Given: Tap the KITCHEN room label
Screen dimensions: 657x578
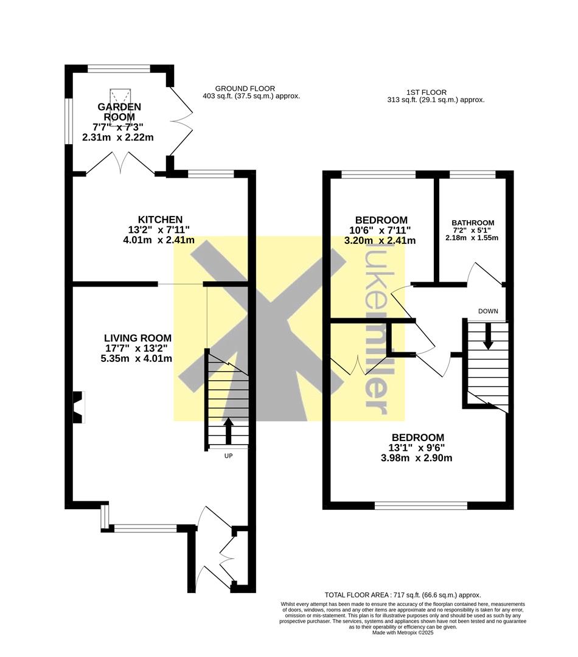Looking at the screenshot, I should (160, 219).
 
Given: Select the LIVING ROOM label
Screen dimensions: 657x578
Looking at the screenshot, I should (138, 338).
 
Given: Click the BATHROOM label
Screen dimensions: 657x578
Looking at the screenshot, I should (473, 223).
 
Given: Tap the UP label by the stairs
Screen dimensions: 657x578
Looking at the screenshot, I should (228, 456).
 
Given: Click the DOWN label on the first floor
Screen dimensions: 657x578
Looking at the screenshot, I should (487, 311).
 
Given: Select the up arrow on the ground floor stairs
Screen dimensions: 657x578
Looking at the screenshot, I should (228, 431).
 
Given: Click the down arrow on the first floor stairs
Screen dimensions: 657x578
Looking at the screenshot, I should (487, 336).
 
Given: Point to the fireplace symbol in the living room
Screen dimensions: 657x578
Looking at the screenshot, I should (78, 407).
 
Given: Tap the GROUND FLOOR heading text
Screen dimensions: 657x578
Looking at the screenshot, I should (245, 88).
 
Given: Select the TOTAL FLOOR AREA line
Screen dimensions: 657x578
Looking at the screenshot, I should (403, 595).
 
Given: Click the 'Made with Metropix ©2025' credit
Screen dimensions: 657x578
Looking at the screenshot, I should (403, 633).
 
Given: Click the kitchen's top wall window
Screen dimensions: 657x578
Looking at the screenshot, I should (211, 175).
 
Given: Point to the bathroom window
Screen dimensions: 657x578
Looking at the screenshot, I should (472, 175).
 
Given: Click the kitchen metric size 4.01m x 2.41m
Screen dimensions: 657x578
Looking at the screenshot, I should (159, 240).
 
